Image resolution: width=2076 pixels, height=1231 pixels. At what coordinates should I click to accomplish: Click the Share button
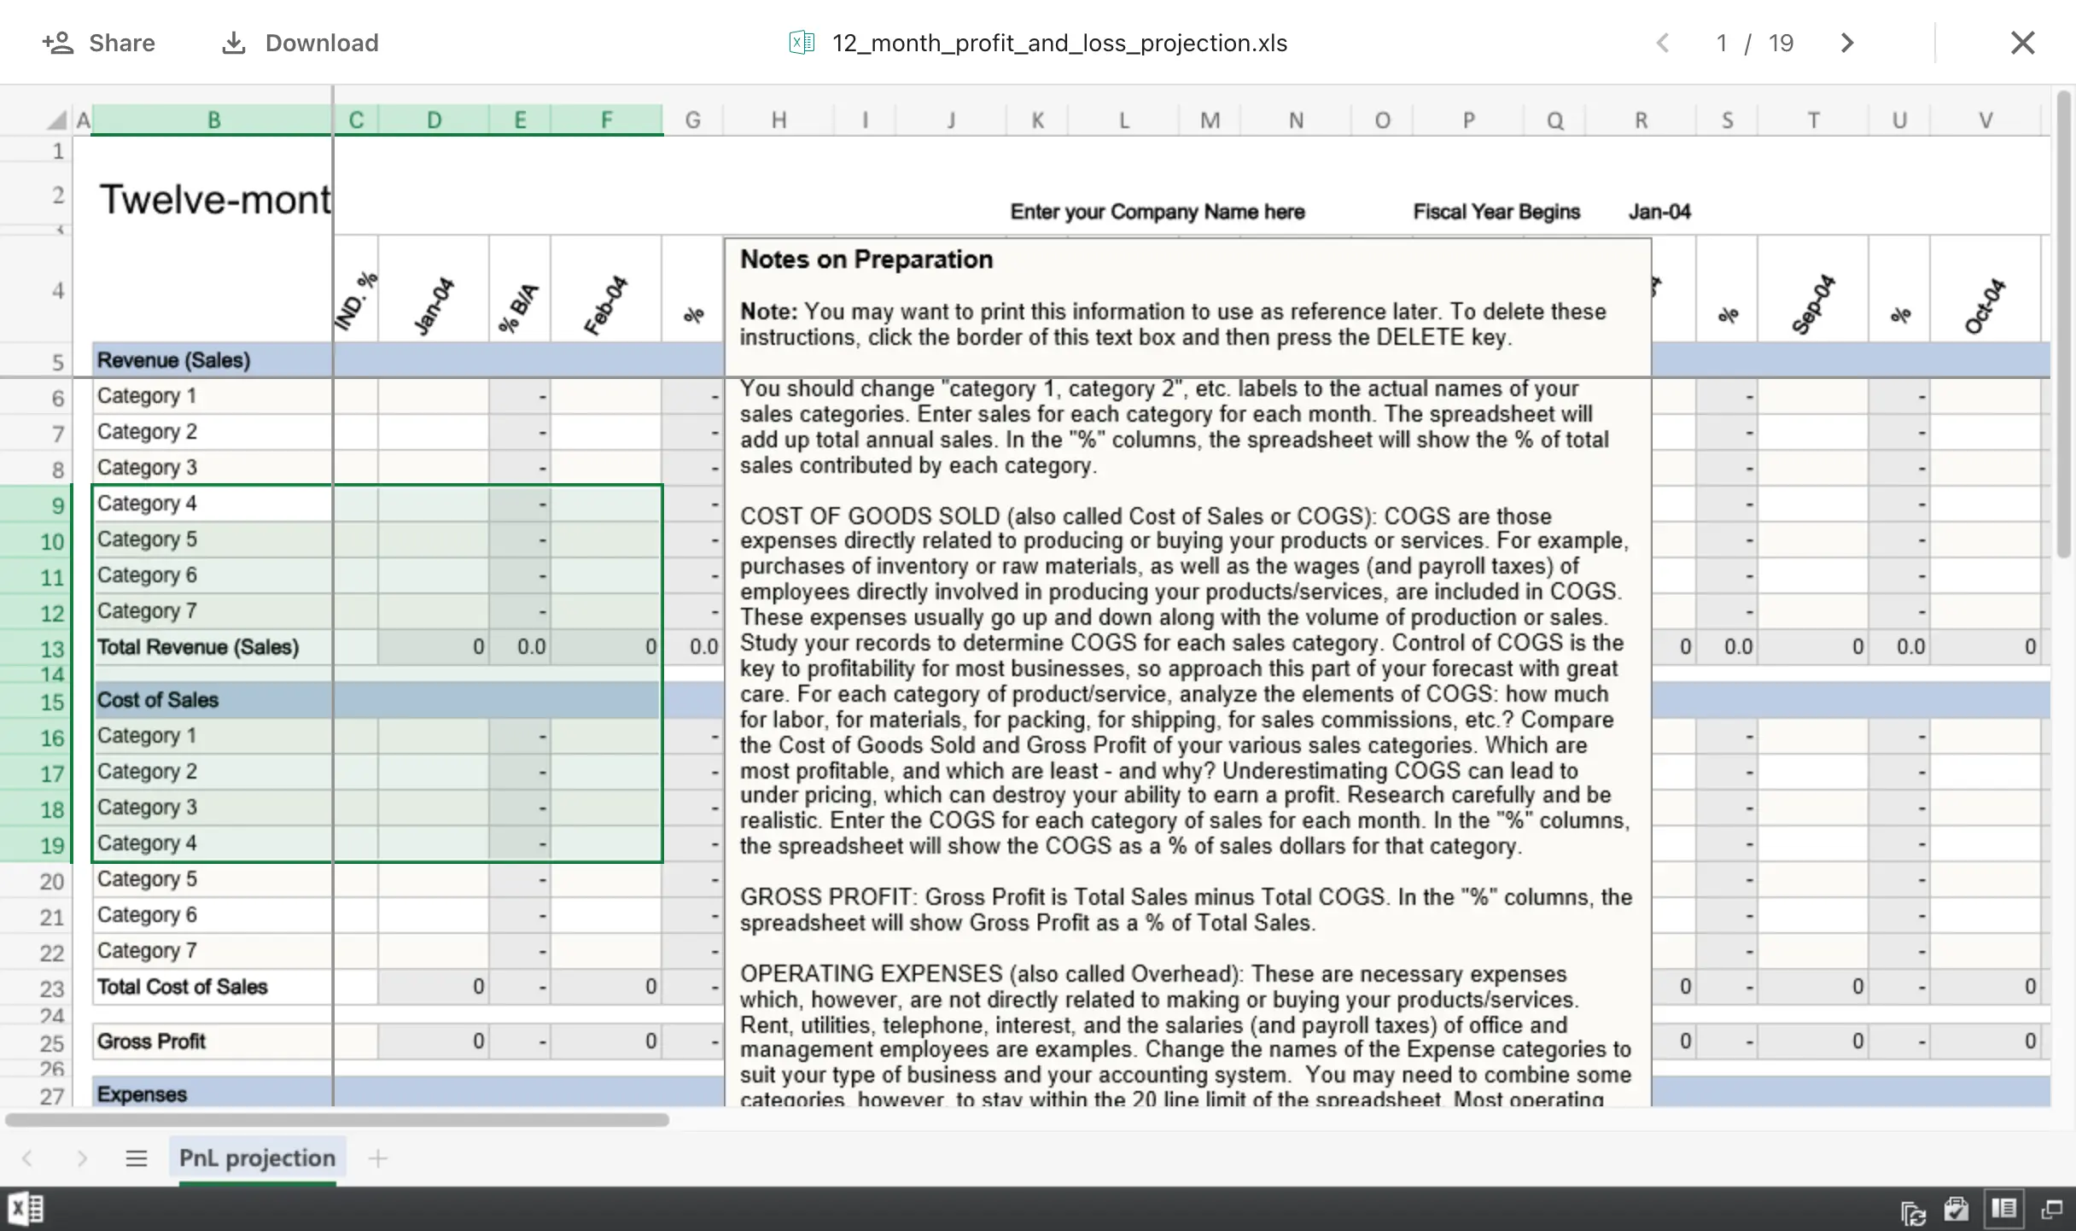tap(99, 43)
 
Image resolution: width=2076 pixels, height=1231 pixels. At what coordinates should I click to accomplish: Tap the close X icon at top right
tap(2022, 43)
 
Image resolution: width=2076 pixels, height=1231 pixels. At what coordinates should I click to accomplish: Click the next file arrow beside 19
tap(1847, 43)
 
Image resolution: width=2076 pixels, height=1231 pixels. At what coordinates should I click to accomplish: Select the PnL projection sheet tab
tap(257, 1158)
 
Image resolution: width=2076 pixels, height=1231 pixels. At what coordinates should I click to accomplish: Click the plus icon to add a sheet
tap(377, 1158)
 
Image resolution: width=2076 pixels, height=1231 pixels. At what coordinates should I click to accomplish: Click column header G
tap(692, 120)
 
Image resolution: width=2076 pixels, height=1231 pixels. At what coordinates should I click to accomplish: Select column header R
tap(1641, 120)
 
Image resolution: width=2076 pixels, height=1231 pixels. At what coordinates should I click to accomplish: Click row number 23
tap(51, 989)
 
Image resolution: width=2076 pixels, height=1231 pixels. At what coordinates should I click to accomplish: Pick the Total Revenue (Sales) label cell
tap(198, 647)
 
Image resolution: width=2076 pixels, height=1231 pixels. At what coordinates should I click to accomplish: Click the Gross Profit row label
tap(151, 1041)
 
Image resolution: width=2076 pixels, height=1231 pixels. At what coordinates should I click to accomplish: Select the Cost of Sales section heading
tap(158, 700)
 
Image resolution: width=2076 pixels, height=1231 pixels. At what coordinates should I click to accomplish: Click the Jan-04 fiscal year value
tap(1659, 212)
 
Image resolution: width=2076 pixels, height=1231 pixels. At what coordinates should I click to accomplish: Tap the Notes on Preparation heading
tap(866, 260)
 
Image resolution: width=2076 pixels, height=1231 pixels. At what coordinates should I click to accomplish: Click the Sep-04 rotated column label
tap(1812, 304)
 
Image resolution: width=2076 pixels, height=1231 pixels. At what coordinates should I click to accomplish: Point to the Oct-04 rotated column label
tap(1984, 306)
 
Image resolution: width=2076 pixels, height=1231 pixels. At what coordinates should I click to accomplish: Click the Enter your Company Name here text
tap(1158, 212)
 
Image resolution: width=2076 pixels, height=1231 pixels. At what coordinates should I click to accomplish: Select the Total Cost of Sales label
tap(183, 987)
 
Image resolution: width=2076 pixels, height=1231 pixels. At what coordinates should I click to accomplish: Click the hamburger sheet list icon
tap(137, 1158)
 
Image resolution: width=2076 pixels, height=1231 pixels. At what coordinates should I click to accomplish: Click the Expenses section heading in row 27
tap(142, 1094)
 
